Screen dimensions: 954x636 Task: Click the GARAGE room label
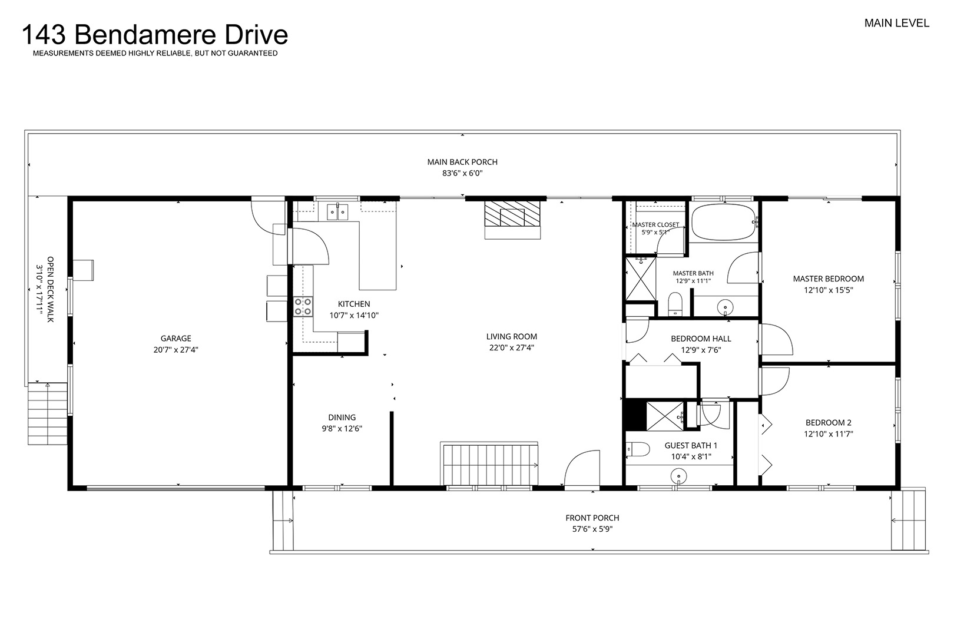pos(176,338)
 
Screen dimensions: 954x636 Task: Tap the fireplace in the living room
pos(512,220)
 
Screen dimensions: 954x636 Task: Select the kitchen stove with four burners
pos(303,307)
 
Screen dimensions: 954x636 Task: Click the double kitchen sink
pos(337,212)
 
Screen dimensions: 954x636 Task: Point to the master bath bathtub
pos(724,222)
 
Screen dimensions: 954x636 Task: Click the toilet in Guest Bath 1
pos(638,449)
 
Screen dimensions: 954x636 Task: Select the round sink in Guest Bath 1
pos(678,475)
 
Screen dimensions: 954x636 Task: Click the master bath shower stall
pos(641,279)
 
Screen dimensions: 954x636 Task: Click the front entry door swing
pos(582,468)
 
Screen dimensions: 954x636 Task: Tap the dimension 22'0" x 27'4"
pos(512,347)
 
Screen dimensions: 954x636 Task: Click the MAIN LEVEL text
pos(896,23)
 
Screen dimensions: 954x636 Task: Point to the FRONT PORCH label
pos(592,518)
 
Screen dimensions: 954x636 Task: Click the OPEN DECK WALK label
pos(50,289)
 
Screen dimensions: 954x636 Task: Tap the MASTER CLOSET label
pos(655,224)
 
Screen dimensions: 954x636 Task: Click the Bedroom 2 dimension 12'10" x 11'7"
pos(829,434)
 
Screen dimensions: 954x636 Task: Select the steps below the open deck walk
pos(48,413)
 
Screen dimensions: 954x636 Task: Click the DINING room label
pos(342,418)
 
